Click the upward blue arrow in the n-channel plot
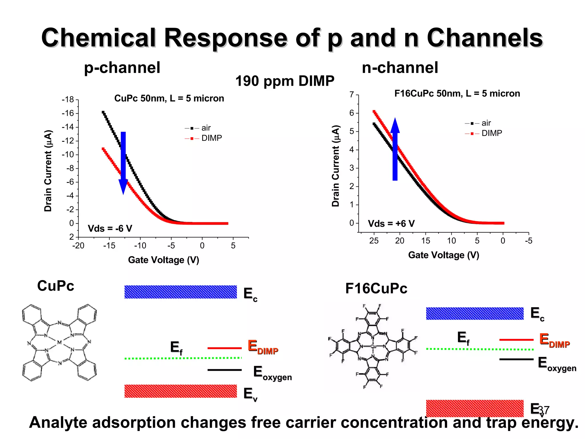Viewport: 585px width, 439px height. [395, 150]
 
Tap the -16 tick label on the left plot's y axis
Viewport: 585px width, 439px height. [68, 113]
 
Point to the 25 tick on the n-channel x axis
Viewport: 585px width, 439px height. [374, 241]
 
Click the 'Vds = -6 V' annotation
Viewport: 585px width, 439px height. [110, 228]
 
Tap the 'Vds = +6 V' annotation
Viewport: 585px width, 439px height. [391, 224]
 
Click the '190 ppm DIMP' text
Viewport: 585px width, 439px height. [285, 81]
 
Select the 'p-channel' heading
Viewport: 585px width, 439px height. [122, 68]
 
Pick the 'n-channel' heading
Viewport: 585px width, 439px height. [400, 68]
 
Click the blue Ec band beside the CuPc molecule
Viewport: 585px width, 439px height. [181, 292]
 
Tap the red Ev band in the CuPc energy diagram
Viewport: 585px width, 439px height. [181, 391]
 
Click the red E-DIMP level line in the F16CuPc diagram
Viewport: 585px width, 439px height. [516, 340]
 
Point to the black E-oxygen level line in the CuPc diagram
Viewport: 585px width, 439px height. [225, 370]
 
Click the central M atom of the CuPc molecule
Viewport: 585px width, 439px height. [59, 342]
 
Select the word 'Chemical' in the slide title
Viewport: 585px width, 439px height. [99, 38]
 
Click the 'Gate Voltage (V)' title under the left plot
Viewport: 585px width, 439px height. [163, 260]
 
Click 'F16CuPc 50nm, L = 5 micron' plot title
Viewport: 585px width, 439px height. [457, 93]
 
